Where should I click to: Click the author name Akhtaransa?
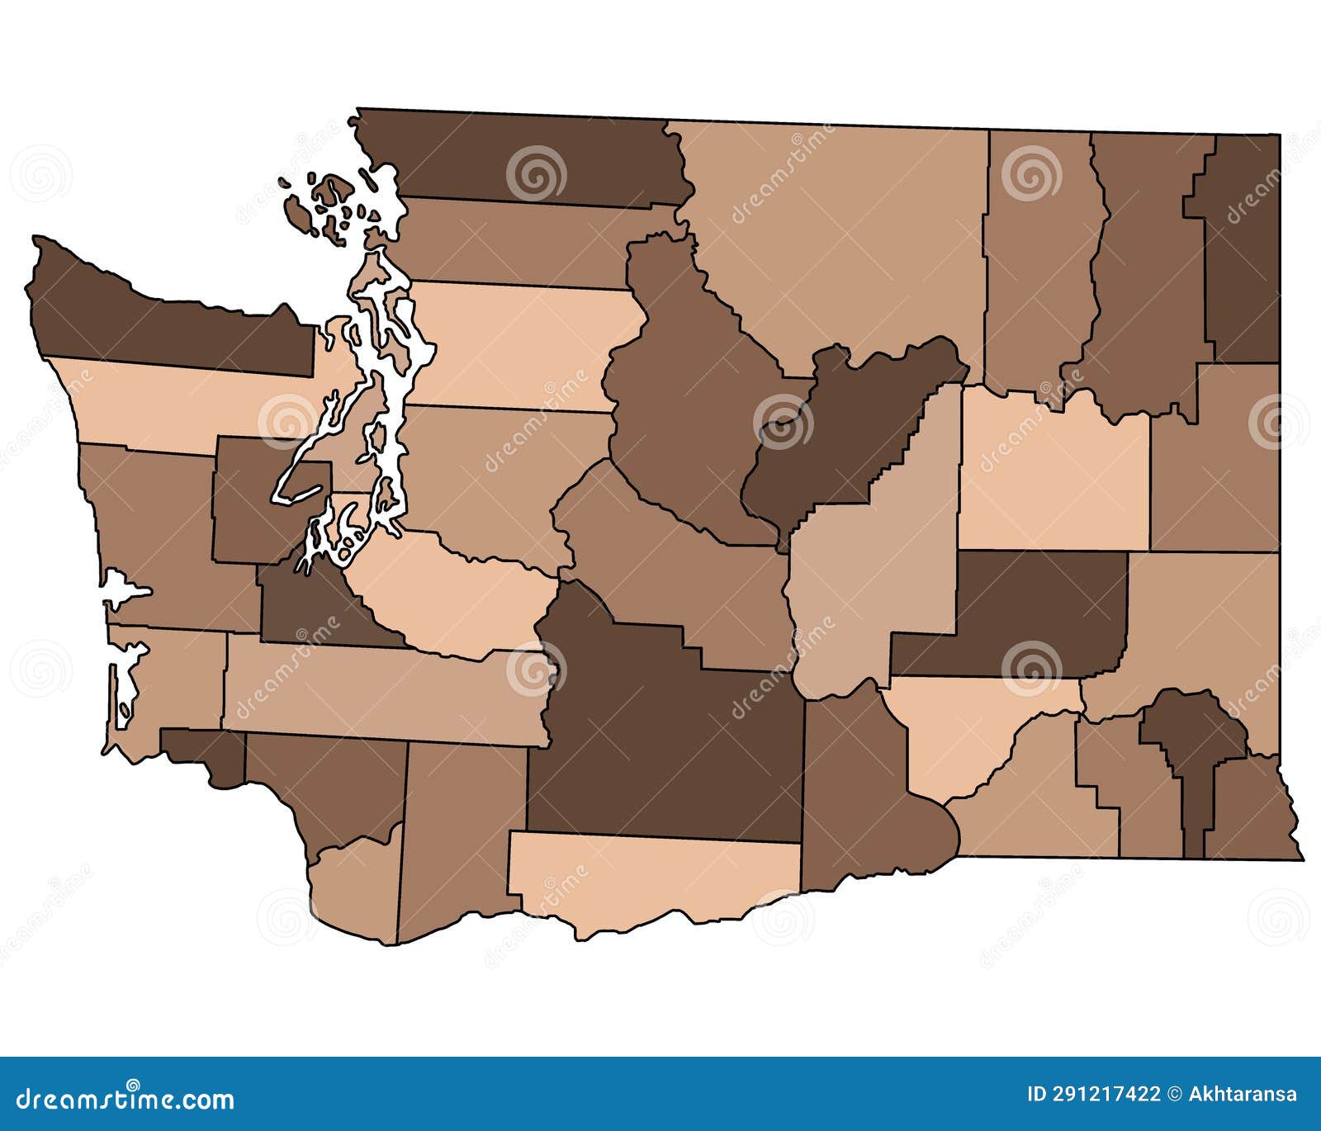tap(1243, 1095)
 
